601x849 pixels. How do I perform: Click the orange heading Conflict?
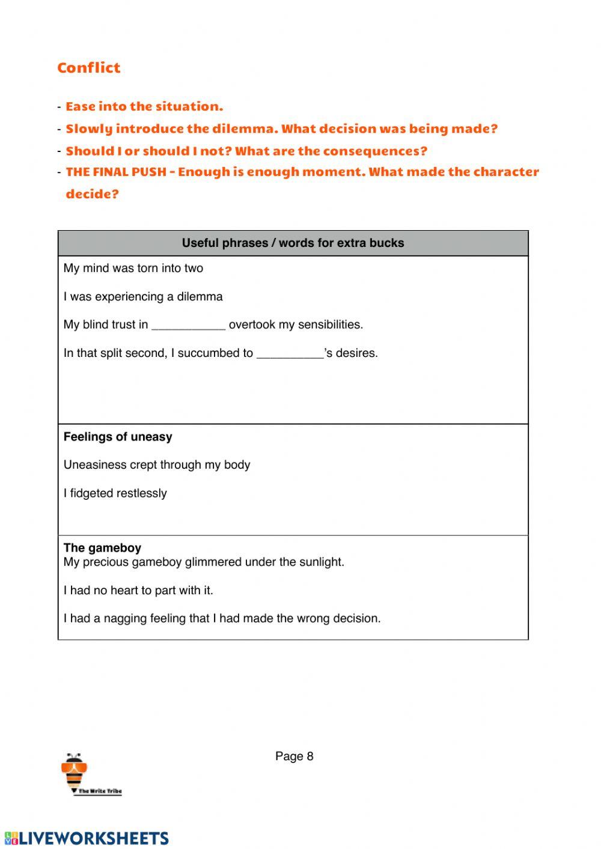pos(89,68)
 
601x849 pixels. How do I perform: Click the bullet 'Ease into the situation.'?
pos(144,106)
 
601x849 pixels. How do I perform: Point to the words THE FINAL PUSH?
pos(116,172)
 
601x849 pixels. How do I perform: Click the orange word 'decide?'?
pos(92,194)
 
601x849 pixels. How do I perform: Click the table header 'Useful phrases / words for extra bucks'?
pos(293,243)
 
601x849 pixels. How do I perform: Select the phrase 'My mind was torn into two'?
pos(133,269)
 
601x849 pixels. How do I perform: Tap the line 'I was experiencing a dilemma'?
pos(143,297)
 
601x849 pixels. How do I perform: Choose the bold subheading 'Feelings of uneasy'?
pos(118,437)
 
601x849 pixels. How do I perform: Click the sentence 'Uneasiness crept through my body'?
pos(157,465)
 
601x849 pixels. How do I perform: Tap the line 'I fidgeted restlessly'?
pos(115,493)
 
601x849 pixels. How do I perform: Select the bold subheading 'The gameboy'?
pos(102,548)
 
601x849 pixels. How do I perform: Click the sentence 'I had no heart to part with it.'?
pos(138,591)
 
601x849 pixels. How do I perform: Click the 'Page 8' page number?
pos(294,756)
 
